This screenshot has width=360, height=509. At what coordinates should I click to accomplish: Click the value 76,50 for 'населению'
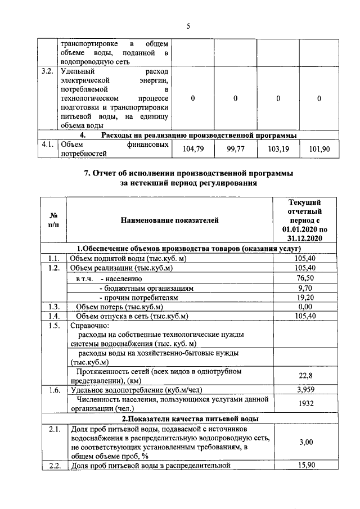[305, 277]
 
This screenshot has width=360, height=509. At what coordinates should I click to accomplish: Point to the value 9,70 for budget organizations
[305, 287]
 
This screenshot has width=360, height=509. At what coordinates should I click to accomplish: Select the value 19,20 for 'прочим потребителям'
[305, 296]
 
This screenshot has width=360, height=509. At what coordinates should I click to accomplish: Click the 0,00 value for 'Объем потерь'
[305, 306]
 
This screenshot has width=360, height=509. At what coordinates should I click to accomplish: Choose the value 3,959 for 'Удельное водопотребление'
[305, 389]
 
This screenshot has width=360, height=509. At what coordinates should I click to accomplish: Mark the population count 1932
[305, 403]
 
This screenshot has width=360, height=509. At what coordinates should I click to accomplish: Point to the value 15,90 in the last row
[305, 465]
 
